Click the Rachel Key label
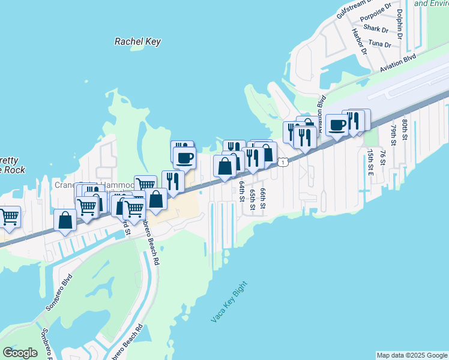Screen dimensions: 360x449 click(137, 41)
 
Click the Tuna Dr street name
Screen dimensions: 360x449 click(379, 44)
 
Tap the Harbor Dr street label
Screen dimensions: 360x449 click(359, 41)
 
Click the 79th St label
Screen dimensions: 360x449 click(393, 136)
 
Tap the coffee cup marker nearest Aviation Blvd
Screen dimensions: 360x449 click(337, 125)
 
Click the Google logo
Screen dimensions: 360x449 click(20, 353)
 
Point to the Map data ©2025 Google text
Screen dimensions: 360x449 click(411, 355)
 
